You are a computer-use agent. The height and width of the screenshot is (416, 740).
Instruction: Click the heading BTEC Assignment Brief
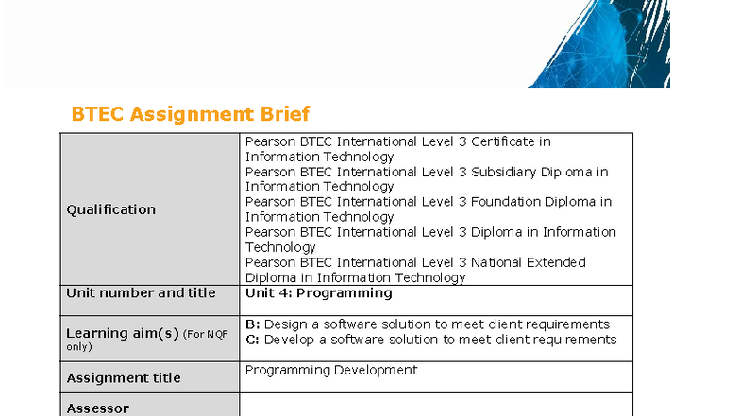[191, 114]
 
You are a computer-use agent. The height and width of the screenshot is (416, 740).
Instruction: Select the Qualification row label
[110, 209]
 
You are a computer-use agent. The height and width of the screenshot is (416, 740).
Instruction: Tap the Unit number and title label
[141, 293]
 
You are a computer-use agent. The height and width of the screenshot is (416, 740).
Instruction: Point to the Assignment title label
[123, 378]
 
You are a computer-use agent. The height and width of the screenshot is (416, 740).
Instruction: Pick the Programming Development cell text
[330, 371]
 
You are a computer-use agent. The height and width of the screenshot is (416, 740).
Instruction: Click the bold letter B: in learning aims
[252, 324]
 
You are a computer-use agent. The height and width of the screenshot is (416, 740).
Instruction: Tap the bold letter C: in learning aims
[252, 340]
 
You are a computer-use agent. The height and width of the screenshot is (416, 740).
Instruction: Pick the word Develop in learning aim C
[288, 340]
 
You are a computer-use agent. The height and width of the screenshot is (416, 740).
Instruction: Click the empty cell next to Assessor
[435, 407]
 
